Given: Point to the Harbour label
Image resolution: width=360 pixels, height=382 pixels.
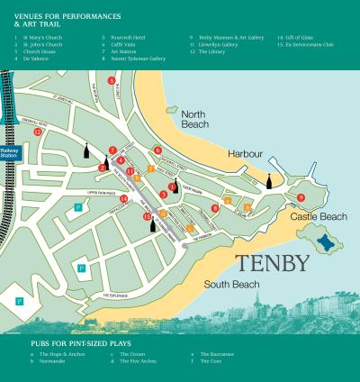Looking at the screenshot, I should point(244,154).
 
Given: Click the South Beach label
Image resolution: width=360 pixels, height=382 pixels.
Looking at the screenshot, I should point(231,285).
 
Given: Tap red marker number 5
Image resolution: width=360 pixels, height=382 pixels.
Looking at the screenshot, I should point(111,81).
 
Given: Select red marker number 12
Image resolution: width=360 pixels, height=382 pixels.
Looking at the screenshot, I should point(38,132).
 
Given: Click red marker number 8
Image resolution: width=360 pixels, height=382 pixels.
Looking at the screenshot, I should point(215,208).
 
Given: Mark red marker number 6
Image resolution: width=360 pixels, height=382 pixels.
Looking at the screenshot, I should point(157,150).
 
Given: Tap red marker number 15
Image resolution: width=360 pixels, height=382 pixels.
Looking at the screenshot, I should point(148,215).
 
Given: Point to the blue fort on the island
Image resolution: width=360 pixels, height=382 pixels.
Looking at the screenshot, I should point(327,242).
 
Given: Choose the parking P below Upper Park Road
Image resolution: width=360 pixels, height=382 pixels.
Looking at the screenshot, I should point(78,207).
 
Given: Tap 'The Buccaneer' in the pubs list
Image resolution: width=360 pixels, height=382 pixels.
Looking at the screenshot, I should point(218,354).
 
